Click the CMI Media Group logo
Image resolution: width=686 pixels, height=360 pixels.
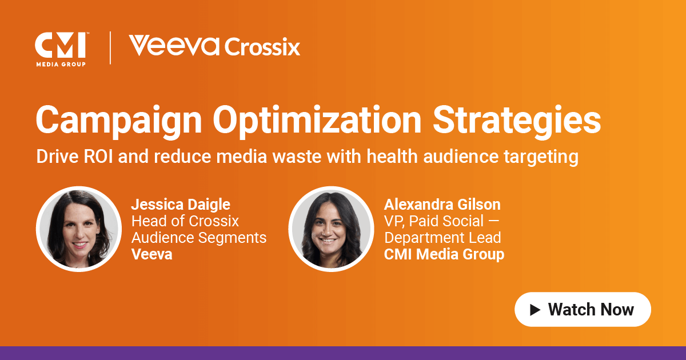(x=60, y=49)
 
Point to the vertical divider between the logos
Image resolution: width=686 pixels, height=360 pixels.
(x=110, y=48)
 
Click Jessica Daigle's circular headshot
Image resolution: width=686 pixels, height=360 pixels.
(x=79, y=229)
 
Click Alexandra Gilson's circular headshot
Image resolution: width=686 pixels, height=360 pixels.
(x=331, y=229)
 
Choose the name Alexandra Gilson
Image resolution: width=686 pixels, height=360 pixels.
(x=442, y=204)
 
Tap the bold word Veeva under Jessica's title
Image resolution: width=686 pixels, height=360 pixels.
(x=151, y=254)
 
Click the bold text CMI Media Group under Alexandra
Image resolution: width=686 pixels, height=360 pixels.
(x=444, y=254)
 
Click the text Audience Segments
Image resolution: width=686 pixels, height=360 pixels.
(x=199, y=237)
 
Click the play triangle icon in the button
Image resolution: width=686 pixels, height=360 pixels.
(x=535, y=310)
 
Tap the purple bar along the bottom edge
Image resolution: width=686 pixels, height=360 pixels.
(x=343, y=353)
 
